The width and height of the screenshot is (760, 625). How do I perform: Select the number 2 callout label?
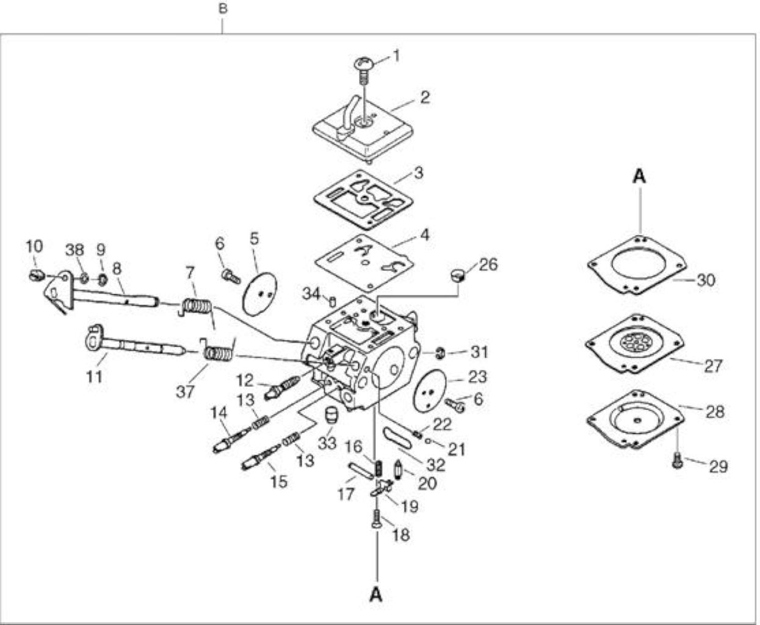pos(425,97)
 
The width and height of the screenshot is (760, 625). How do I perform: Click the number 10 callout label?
pos(35,247)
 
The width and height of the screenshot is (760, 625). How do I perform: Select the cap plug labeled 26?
pos(457,276)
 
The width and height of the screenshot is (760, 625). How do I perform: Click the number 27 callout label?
pos(713,366)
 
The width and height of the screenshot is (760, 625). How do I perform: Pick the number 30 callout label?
pos(706,280)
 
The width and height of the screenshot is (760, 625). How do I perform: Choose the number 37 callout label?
pos(185,392)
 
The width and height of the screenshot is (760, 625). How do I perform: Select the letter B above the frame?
pos(223,9)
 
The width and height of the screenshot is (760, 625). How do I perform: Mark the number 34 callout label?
pos(311,294)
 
